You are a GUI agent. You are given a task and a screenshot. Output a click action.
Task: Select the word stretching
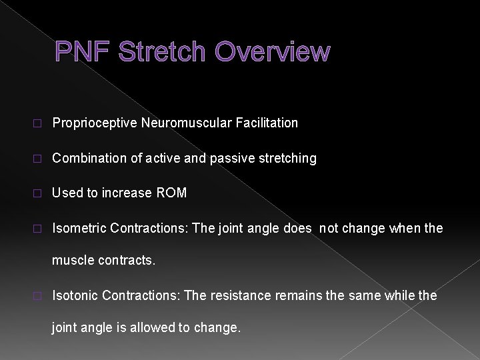291,158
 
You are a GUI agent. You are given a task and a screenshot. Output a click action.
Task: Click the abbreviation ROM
173,193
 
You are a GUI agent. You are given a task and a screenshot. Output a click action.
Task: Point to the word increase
127,193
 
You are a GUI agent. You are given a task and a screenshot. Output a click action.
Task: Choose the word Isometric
79,229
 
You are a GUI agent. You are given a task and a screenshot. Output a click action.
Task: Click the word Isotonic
76,295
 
